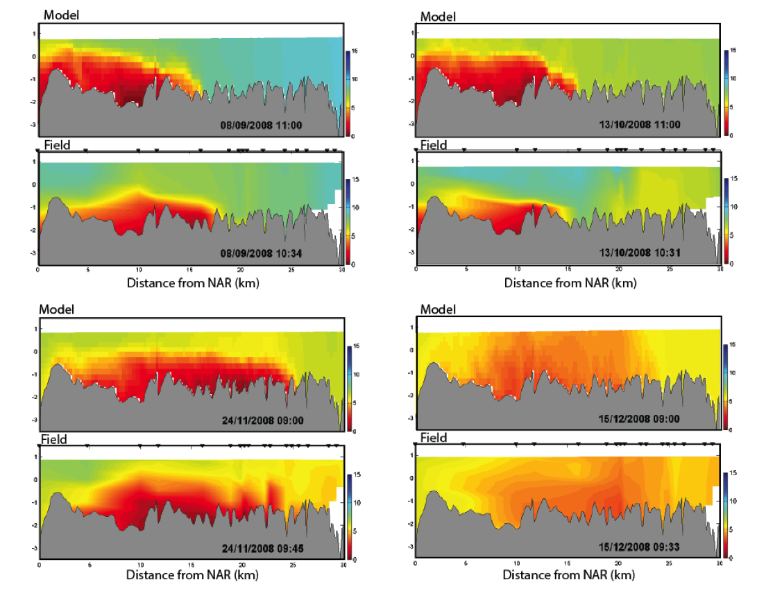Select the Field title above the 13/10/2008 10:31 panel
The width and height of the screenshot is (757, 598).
tap(434, 146)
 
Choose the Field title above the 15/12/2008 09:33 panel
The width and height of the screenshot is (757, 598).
tap(434, 438)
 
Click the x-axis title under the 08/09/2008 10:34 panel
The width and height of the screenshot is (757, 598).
tap(192, 283)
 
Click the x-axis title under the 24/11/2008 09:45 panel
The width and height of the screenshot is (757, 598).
tap(192, 575)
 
